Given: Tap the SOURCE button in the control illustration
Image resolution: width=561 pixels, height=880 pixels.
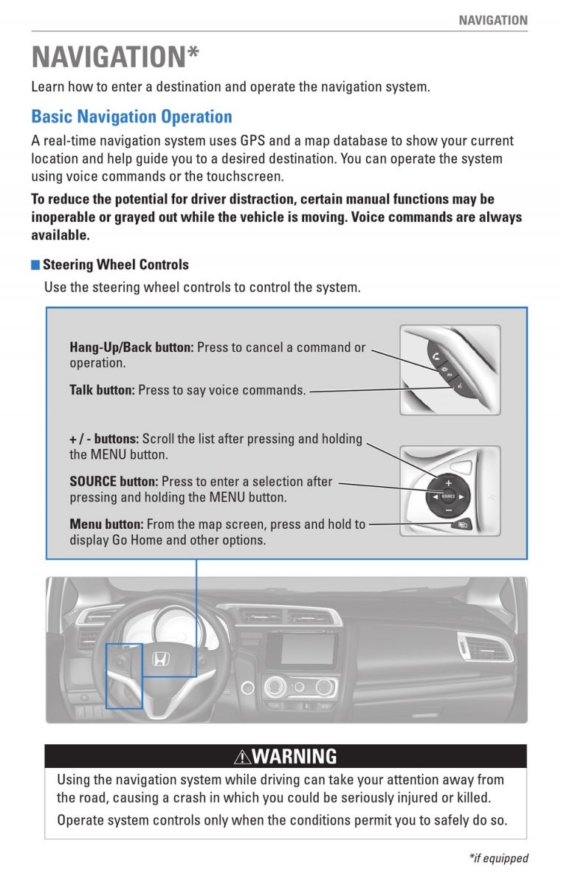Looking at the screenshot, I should (448, 496).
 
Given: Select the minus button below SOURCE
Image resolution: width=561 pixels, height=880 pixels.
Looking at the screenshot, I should (448, 509).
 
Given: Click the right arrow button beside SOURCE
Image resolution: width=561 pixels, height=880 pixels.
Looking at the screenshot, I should (462, 496).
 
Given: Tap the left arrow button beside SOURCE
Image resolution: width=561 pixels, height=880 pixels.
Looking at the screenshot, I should (434, 496).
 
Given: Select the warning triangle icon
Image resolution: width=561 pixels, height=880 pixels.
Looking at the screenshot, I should (242, 756).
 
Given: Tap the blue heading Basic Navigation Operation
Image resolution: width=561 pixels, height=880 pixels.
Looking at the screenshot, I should (131, 117).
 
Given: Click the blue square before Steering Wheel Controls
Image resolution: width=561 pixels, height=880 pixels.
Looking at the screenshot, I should (35, 265).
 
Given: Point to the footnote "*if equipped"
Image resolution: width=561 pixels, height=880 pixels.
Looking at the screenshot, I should (499, 858).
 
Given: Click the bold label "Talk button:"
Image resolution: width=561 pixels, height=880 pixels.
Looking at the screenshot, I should (102, 390).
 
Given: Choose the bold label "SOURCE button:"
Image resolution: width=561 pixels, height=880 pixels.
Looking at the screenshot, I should (114, 482).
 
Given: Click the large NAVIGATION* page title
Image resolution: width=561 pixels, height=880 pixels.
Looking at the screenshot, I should (115, 58).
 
